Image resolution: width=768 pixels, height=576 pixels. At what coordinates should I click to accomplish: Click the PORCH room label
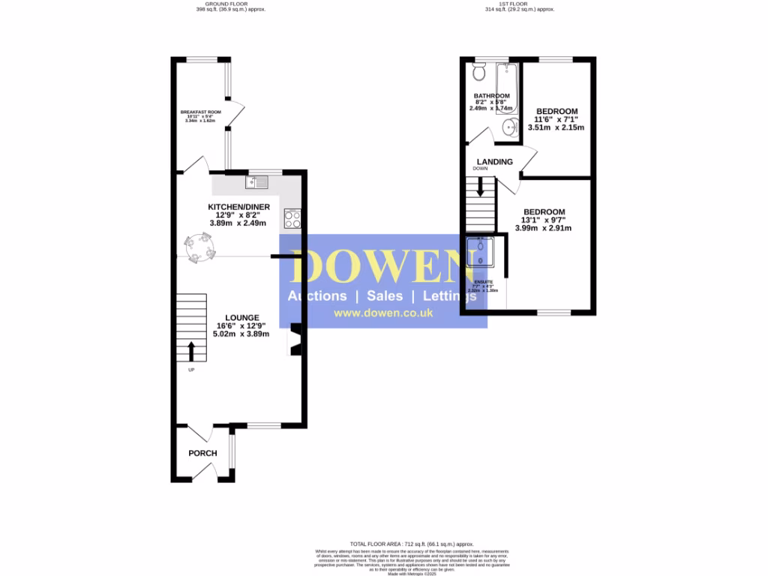pyautogui.click(x=202, y=453)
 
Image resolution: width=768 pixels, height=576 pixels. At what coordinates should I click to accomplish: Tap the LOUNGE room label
pyautogui.click(x=241, y=317)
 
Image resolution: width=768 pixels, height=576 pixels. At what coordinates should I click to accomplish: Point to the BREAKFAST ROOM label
pyautogui.click(x=200, y=112)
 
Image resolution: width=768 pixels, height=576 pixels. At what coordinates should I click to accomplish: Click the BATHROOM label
pyautogui.click(x=491, y=96)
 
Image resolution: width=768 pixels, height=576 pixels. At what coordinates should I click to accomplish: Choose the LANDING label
pyautogui.click(x=495, y=161)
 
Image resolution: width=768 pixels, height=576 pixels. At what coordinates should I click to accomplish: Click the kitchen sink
pyautogui.click(x=256, y=181)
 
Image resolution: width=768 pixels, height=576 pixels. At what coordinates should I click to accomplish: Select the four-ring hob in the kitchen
pyautogui.click(x=292, y=219)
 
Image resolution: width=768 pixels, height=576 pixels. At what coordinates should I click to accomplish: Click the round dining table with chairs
pyautogui.click(x=199, y=247)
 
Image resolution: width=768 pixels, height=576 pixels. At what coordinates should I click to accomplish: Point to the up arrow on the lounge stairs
pyautogui.click(x=190, y=350)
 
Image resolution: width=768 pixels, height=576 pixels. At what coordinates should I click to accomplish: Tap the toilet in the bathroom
pyautogui.click(x=479, y=72)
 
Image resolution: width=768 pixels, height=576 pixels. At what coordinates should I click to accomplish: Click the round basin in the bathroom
pyautogui.click(x=511, y=128)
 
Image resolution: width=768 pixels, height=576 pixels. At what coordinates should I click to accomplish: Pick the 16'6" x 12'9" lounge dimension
pyautogui.click(x=241, y=326)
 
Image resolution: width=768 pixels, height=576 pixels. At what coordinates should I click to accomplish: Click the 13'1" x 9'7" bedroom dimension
pyautogui.click(x=544, y=220)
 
